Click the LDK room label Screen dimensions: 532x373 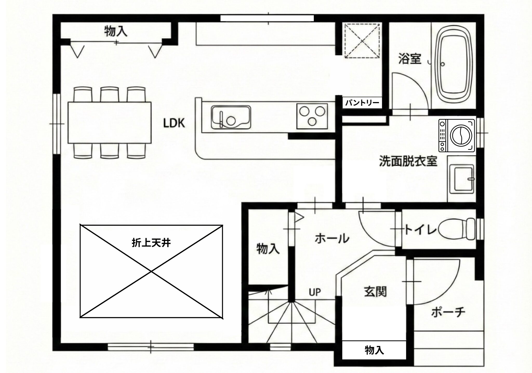tap(174, 123)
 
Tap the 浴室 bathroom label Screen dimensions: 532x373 tap(410, 59)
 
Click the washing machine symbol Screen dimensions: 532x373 tap(457, 135)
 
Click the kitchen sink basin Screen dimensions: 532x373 tap(231, 117)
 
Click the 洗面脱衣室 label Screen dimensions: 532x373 tap(408, 161)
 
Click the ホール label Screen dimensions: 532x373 tap(332, 238)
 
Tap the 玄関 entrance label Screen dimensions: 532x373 tap(375, 292)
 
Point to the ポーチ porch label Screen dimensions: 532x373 tap(448, 312)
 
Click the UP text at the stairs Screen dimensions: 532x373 tap(315, 292)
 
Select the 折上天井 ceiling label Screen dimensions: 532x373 tap(151, 243)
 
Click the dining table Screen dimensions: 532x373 tap(110, 123)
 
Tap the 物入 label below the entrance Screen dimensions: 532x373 tap(374, 350)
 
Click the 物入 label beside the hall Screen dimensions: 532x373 tap(268, 249)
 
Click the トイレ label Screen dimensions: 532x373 tap(421, 230)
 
